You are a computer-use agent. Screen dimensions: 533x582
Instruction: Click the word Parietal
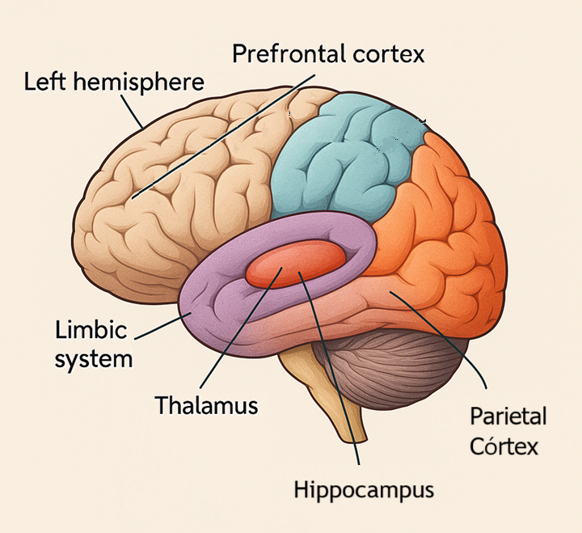point(508,417)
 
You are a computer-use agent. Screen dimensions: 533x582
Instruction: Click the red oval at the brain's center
point(295,264)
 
